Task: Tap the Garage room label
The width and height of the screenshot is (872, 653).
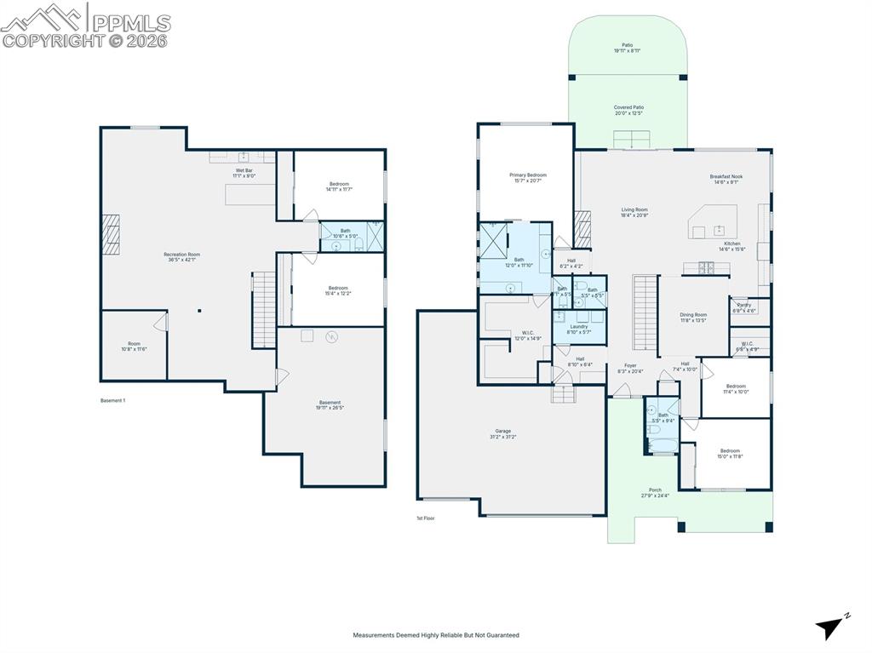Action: [503, 434]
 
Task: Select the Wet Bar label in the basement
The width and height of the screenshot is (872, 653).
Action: [244, 173]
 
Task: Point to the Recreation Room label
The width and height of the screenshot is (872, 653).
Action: [181, 257]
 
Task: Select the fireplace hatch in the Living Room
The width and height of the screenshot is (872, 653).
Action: [582, 228]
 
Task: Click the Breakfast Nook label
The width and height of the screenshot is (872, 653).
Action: [726, 179]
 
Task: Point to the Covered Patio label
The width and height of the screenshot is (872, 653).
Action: [628, 110]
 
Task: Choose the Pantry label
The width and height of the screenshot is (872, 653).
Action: [743, 307]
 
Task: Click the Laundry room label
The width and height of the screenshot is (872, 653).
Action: [579, 329]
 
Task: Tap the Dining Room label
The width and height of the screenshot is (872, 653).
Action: [693, 318]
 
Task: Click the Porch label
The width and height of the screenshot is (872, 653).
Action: [655, 492]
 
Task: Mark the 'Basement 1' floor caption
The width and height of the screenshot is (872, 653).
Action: [112, 400]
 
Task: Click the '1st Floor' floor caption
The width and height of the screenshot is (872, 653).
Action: [425, 518]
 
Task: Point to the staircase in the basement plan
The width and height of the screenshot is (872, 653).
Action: [264, 310]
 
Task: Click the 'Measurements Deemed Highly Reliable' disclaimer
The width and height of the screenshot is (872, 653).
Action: [435, 635]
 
